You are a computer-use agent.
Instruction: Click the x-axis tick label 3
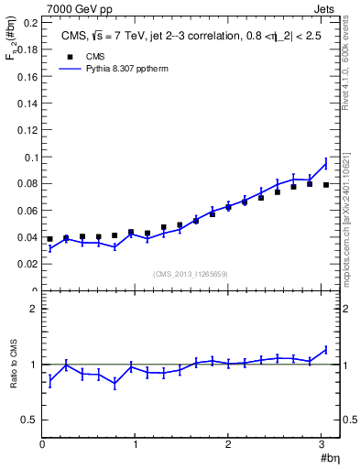(x=322, y=445)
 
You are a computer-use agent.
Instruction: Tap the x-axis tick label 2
(x=229, y=445)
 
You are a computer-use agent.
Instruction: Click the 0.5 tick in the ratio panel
(x=29, y=420)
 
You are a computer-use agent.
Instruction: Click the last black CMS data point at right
(x=325, y=185)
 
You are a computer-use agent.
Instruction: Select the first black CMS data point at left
(x=49, y=239)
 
